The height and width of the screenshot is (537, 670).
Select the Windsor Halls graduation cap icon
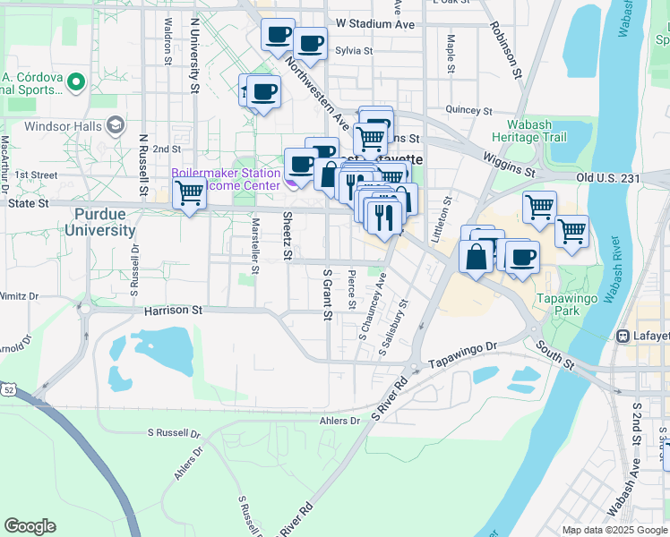tap(115, 126)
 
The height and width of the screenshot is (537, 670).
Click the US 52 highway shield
tap(8, 390)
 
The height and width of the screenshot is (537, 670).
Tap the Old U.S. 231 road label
tap(622, 179)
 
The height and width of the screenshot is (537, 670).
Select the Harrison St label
tap(175, 311)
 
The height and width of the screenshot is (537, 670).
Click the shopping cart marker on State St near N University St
tap(189, 192)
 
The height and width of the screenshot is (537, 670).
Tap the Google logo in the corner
tap(30, 526)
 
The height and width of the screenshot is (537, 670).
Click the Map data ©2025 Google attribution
tap(614, 530)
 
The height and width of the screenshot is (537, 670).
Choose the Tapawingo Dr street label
tap(462, 353)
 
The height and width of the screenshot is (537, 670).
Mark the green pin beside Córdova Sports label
tap(74, 83)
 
